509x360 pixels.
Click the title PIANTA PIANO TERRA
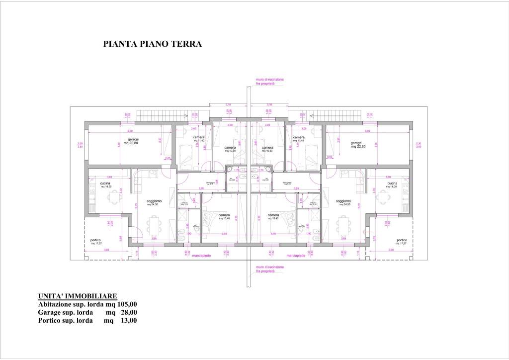tap(152, 44)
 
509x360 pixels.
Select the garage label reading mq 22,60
tap(357, 147)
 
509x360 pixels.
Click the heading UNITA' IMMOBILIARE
tap(77, 296)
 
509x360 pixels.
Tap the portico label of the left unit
tap(96, 242)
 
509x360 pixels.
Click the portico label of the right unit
tap(402, 242)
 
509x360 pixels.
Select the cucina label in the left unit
tap(105, 184)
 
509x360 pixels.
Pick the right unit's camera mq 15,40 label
tap(273, 217)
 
